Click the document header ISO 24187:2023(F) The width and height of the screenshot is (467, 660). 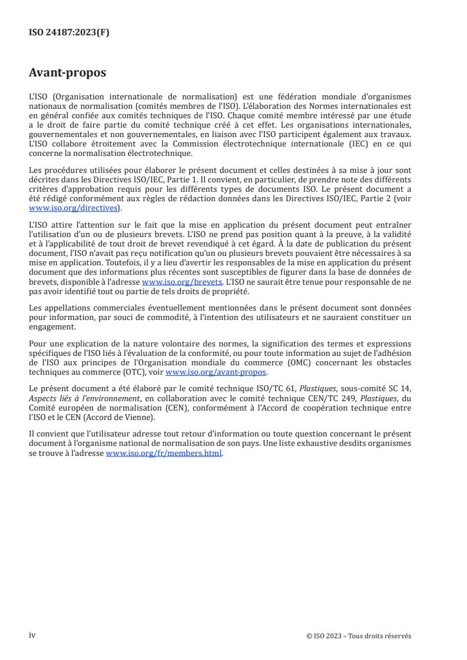(69, 33)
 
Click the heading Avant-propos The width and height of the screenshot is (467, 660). (68, 73)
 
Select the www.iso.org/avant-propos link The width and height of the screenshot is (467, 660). (216, 372)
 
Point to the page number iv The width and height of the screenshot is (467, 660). (32, 635)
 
